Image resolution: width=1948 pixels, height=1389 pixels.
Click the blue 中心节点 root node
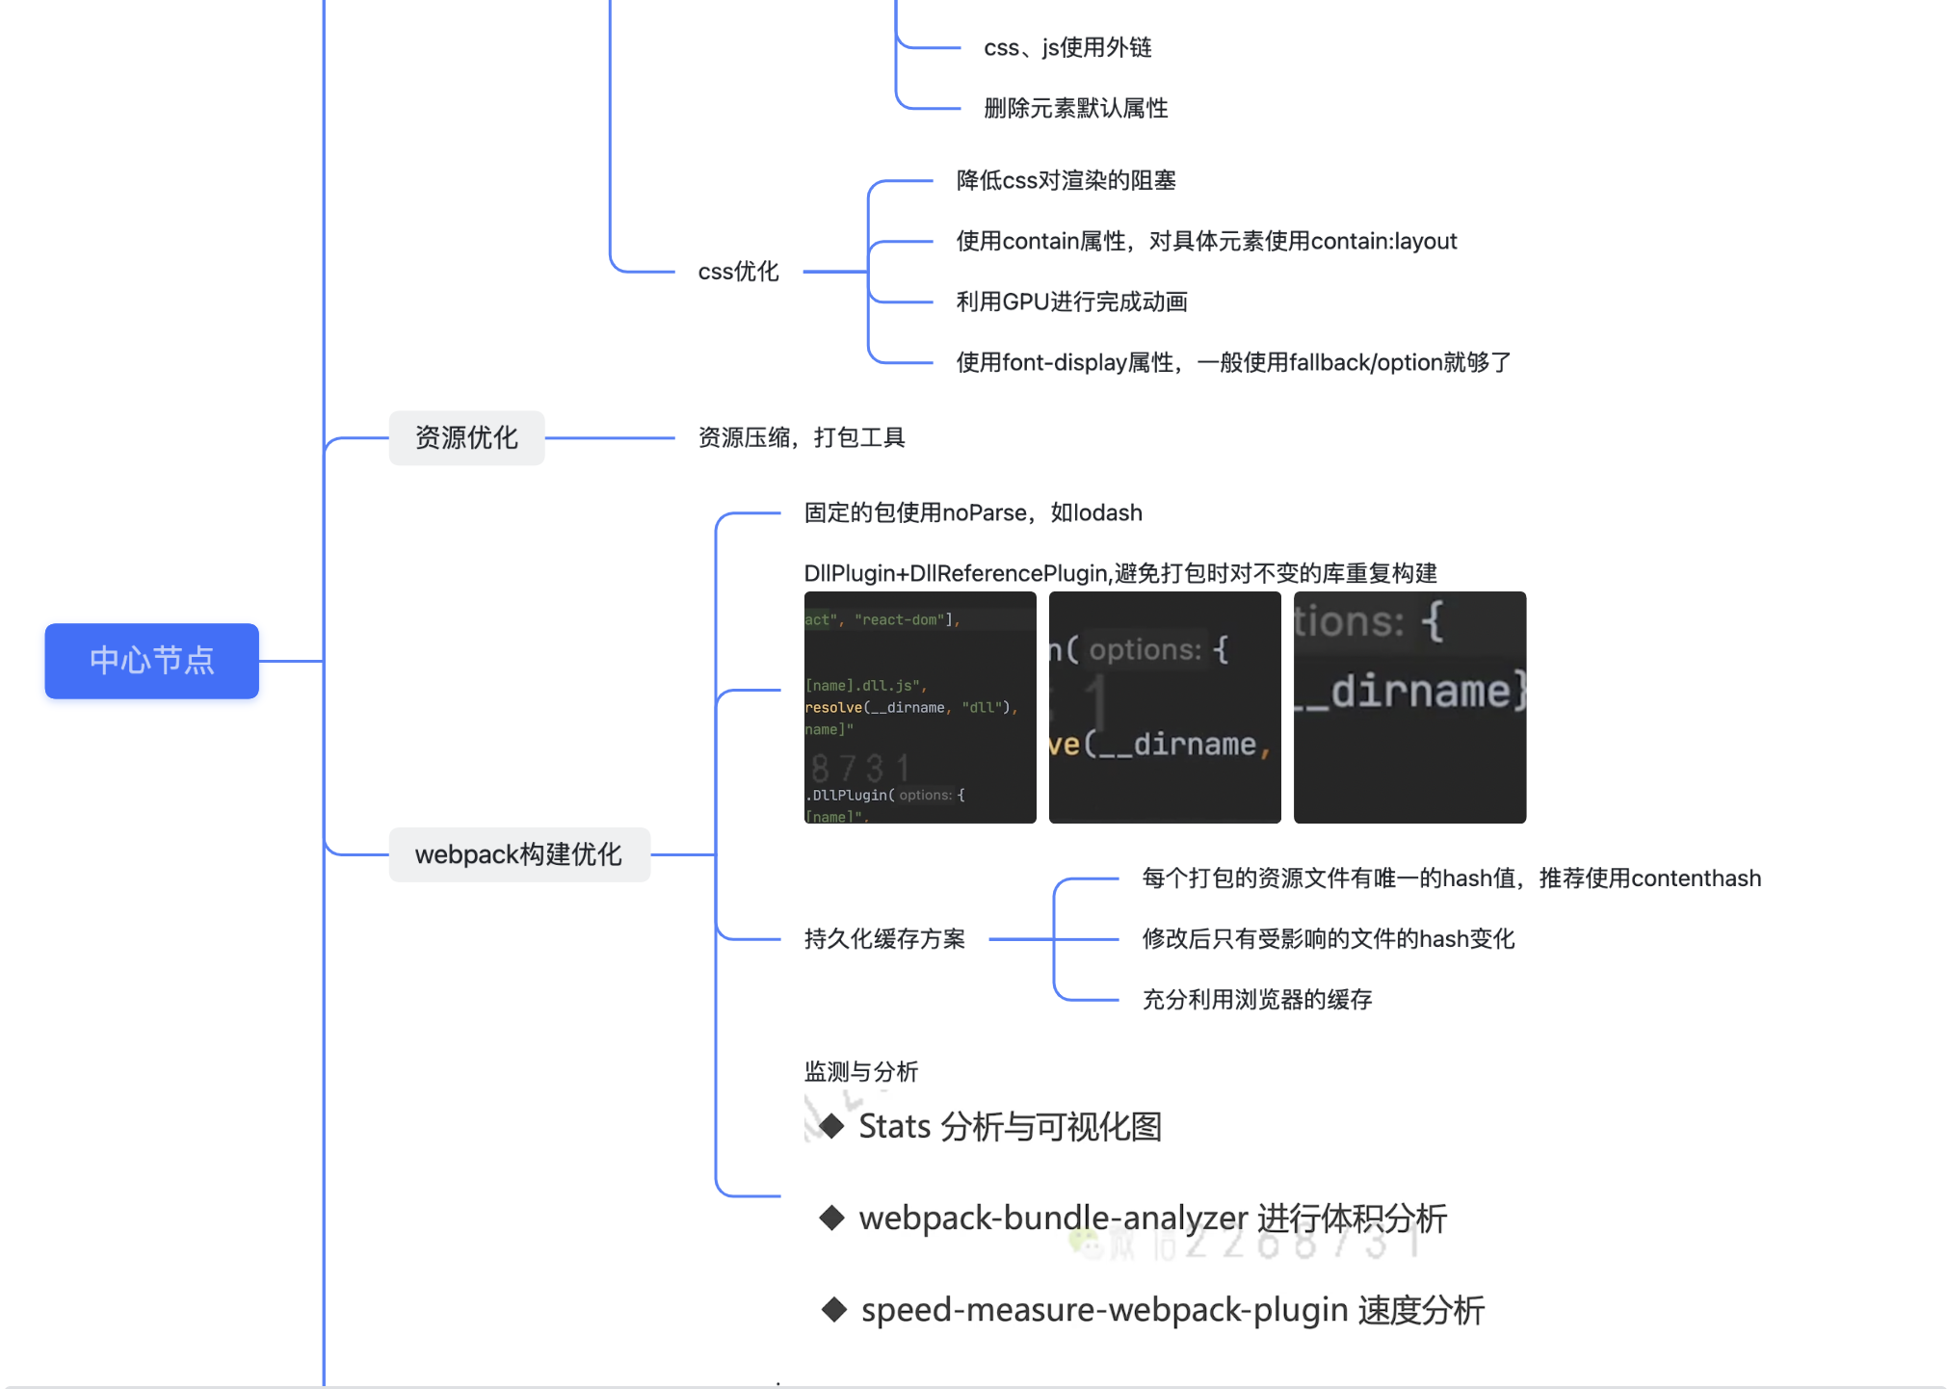(151, 661)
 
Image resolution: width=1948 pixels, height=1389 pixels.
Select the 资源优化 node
(466, 438)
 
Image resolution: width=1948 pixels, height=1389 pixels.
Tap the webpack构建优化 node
(518, 854)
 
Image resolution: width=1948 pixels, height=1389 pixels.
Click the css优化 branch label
(738, 272)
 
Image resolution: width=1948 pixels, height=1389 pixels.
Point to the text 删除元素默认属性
(1075, 108)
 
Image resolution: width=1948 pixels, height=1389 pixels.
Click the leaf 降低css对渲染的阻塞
(1066, 180)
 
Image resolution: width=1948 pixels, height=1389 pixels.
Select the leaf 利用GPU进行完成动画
(1071, 301)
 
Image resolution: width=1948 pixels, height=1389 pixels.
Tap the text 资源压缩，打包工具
(802, 438)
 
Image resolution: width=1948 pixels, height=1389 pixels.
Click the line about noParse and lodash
(973, 512)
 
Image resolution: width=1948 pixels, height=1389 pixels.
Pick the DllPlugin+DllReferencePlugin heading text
(1119, 573)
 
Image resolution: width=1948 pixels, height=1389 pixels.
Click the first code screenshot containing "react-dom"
(920, 707)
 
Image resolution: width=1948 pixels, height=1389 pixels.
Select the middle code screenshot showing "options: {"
(1165, 707)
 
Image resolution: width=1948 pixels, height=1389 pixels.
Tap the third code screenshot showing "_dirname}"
(1409, 707)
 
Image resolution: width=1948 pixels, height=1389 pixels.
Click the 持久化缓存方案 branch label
(884, 939)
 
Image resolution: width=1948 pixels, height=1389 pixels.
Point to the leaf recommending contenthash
(1451, 878)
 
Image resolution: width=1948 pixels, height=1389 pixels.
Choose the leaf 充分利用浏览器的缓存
(1256, 1000)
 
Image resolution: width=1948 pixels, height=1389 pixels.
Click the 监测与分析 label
(861, 1071)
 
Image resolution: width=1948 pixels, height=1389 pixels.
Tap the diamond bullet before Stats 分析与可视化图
(831, 1126)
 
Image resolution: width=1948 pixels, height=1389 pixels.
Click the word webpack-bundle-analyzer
(1053, 1219)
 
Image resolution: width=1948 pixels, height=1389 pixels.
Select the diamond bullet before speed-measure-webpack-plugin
(834, 1310)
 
